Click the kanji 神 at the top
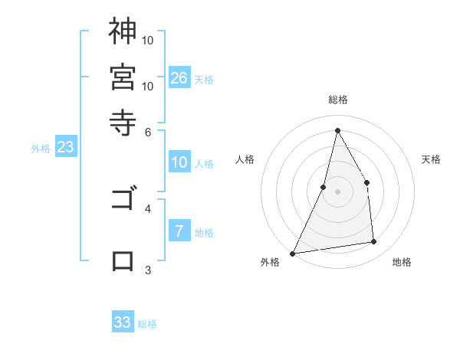123,31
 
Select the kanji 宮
123,77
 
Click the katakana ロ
123,261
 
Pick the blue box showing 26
179,77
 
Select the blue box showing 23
65,147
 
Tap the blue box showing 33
123,322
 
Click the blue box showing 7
179,231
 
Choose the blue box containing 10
179,162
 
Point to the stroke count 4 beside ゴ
148,208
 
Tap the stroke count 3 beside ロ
148,270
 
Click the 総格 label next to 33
147,324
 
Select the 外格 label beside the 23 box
41,149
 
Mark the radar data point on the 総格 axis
337,129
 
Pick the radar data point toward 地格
374,242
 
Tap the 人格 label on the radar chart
245,159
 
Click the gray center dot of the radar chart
337,191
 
